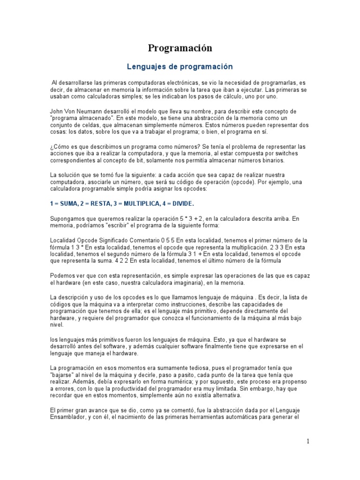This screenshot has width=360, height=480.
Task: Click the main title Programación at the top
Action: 180,48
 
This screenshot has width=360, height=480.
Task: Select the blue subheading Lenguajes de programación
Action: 180,67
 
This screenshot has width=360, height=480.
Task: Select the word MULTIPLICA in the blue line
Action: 140,204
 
